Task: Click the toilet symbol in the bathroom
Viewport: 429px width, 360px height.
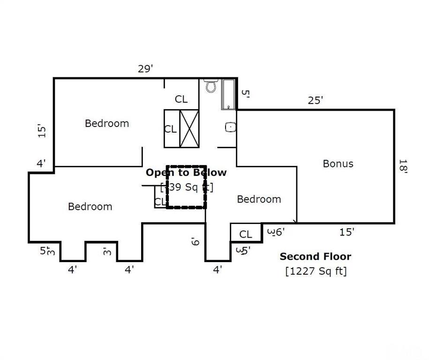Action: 211,86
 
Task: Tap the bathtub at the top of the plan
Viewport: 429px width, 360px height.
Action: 229,94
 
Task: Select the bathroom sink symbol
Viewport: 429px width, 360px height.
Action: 230,127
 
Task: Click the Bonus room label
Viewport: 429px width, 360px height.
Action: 338,164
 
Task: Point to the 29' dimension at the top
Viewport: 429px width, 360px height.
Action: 145,69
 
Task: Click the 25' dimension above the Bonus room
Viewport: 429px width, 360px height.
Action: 316,100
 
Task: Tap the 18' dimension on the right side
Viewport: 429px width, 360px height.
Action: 403,166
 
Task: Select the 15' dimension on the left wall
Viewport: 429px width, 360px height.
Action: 42,130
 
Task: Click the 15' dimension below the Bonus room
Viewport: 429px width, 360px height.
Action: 346,232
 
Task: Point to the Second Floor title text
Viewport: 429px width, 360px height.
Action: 315,256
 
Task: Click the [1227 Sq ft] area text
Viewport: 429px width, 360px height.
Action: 316,270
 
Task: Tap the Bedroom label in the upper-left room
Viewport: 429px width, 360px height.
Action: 106,123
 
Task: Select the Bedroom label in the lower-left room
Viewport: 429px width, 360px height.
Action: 90,206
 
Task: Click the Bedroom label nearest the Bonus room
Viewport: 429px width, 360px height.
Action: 259,199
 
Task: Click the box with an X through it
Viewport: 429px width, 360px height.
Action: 189,128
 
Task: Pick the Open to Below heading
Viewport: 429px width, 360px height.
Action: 186,172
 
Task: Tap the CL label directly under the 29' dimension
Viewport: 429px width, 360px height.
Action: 181,99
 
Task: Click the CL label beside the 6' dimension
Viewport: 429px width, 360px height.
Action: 246,234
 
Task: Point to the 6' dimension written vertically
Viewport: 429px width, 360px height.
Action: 195,241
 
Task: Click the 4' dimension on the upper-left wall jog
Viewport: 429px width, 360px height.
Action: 41,164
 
